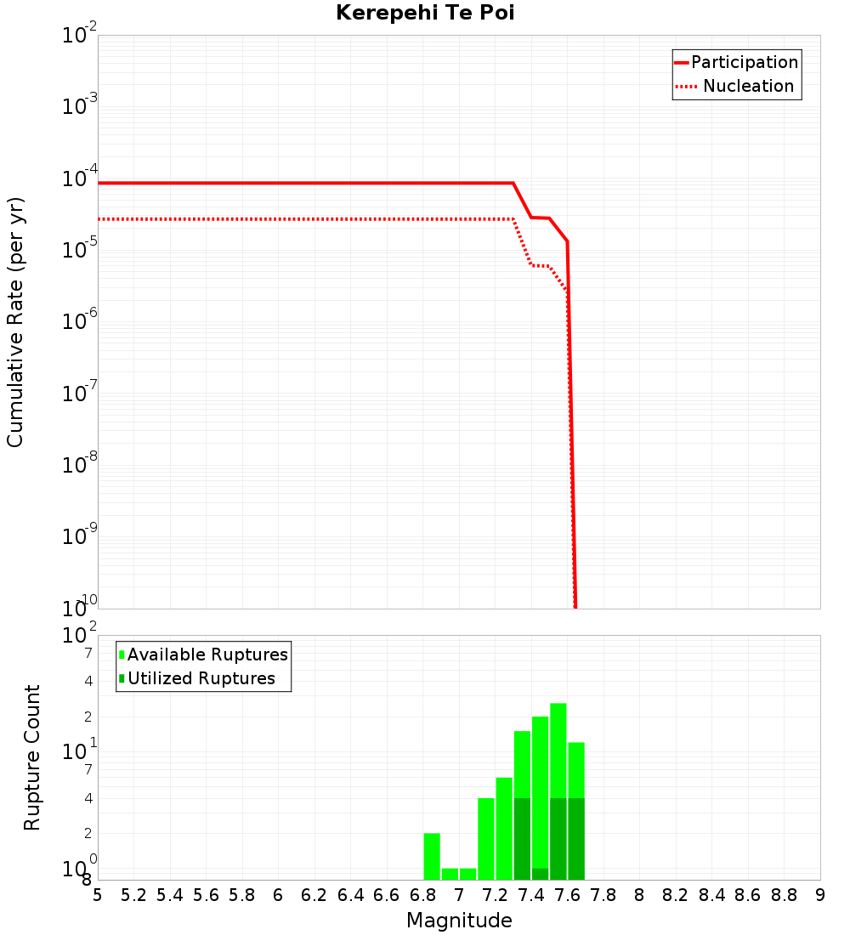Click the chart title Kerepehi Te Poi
425,13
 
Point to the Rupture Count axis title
32,757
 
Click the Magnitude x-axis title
459,921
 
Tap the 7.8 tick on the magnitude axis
603,895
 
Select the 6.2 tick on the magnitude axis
314,895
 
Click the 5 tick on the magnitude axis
98,895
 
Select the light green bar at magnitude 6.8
432,856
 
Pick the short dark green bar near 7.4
541,874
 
